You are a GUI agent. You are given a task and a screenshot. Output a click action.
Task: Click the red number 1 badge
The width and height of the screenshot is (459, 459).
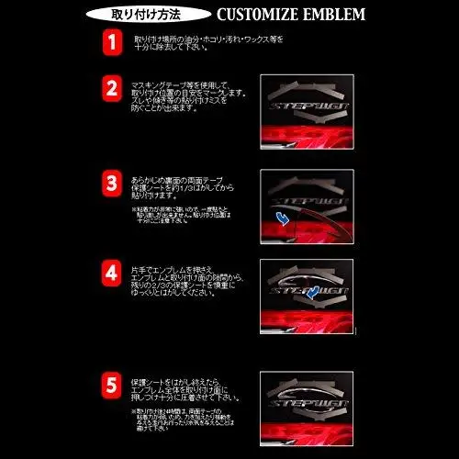pos(111,42)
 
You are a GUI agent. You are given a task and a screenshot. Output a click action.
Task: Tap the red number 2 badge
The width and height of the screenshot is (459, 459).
pos(111,90)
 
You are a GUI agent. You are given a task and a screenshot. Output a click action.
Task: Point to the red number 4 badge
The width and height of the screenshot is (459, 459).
pos(111,274)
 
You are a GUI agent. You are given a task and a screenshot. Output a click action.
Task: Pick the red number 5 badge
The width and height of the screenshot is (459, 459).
pos(111,382)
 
